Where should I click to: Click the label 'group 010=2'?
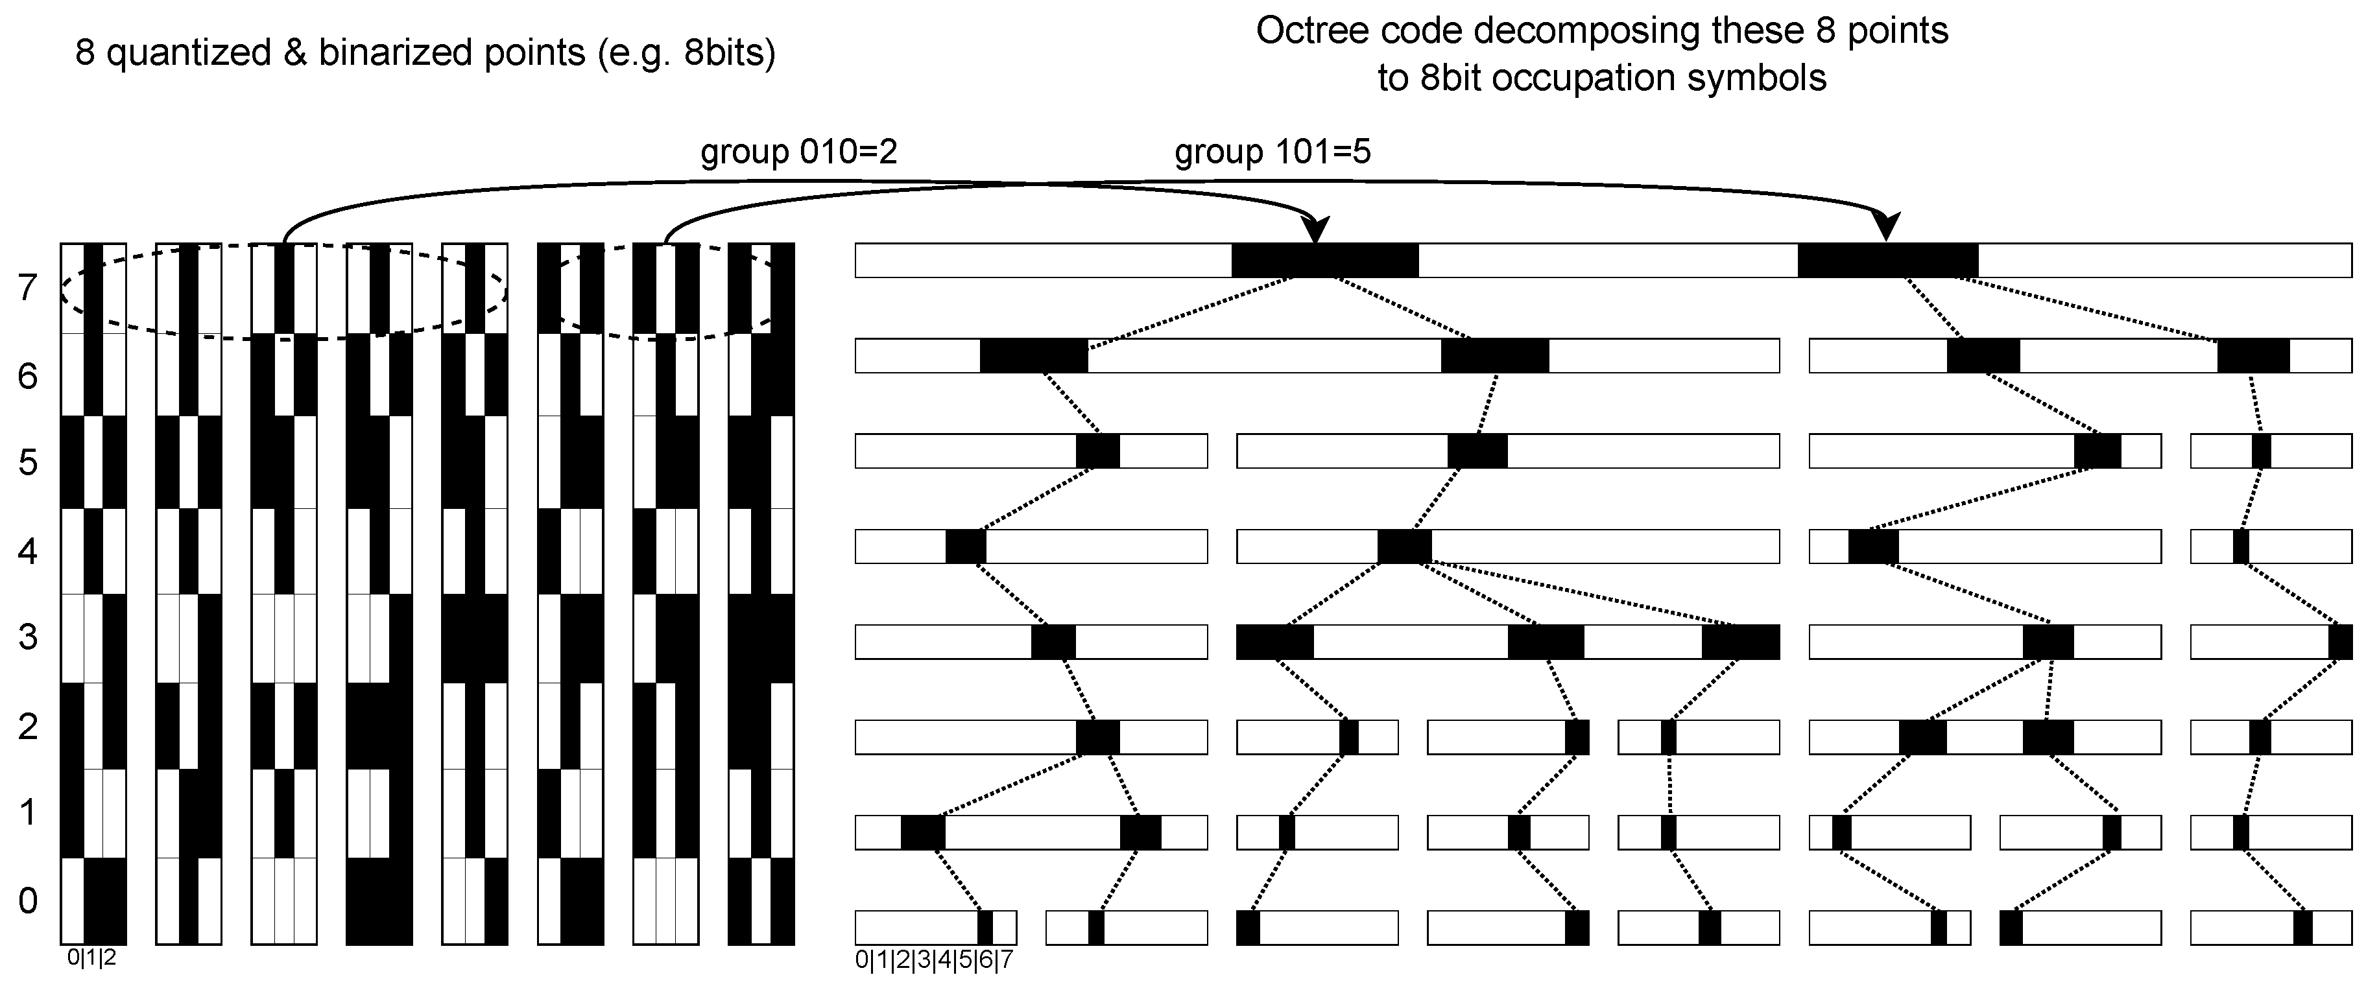798,152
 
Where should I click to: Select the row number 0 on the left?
27,900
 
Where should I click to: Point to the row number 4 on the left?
27,551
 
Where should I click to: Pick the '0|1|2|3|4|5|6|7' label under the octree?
934,961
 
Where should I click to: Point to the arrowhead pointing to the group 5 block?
1887,227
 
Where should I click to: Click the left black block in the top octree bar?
1324,261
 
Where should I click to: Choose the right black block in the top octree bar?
1887,261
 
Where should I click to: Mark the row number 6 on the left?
27,375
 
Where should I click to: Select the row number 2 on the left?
27,725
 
